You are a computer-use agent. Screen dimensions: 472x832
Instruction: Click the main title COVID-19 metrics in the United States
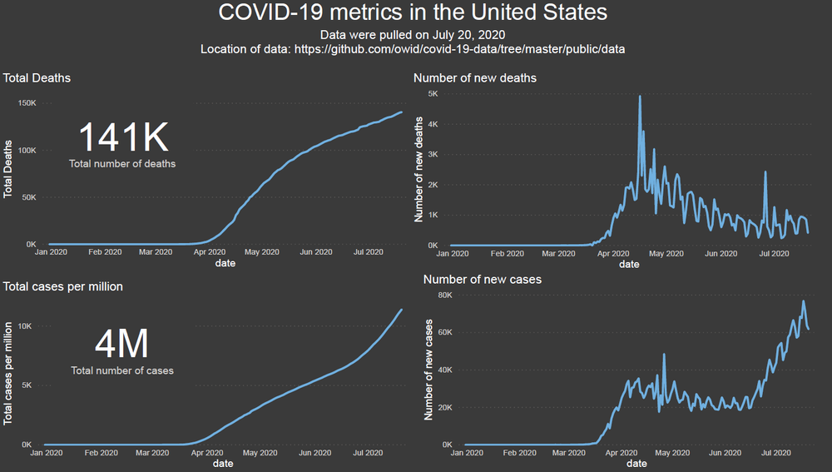tap(413, 13)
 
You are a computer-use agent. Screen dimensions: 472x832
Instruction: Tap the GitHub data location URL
tap(459, 49)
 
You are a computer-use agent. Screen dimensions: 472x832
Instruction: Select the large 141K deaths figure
tap(123, 137)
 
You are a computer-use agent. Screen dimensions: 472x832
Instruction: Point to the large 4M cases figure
tap(121, 343)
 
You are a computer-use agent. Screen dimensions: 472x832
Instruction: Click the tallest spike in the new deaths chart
tap(640, 97)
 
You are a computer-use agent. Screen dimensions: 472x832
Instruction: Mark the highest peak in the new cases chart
tap(803, 301)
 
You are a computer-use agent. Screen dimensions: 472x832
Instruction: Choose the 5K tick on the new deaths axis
tap(433, 94)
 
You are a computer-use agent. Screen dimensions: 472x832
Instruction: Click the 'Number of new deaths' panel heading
tap(475, 78)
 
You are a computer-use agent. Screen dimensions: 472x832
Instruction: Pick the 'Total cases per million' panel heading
tap(63, 286)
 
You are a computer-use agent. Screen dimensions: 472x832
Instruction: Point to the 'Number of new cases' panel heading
tap(483, 279)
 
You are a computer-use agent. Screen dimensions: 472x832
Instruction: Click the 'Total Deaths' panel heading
tap(37, 78)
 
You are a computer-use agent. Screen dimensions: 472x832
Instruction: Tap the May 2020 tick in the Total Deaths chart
tap(261, 251)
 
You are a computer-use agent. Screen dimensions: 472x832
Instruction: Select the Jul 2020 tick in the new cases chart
tap(776, 453)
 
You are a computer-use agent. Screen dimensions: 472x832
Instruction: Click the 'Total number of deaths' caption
tap(122, 164)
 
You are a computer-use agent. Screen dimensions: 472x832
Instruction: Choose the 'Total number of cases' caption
tap(122, 370)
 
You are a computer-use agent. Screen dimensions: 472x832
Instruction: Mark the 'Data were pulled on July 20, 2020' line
tap(413, 34)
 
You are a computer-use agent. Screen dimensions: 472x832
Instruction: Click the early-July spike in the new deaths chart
tap(765, 172)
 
